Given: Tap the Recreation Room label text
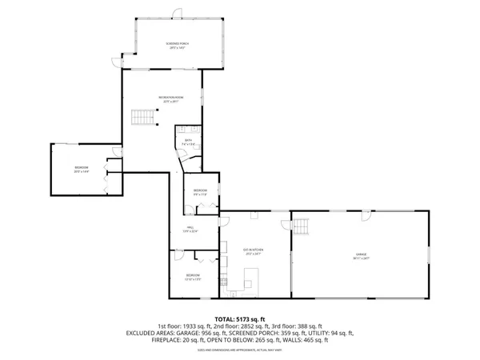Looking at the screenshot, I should (167, 100).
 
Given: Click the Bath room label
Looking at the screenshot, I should (187, 142).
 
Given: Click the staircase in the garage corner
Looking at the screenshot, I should (302, 230).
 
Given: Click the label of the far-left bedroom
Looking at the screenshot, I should (80, 170).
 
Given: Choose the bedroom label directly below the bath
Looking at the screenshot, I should (200, 192).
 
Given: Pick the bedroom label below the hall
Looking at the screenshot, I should (193, 277).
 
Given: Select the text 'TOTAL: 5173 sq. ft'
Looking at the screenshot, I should (239, 318).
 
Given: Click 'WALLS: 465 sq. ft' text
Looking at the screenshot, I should (309, 339).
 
